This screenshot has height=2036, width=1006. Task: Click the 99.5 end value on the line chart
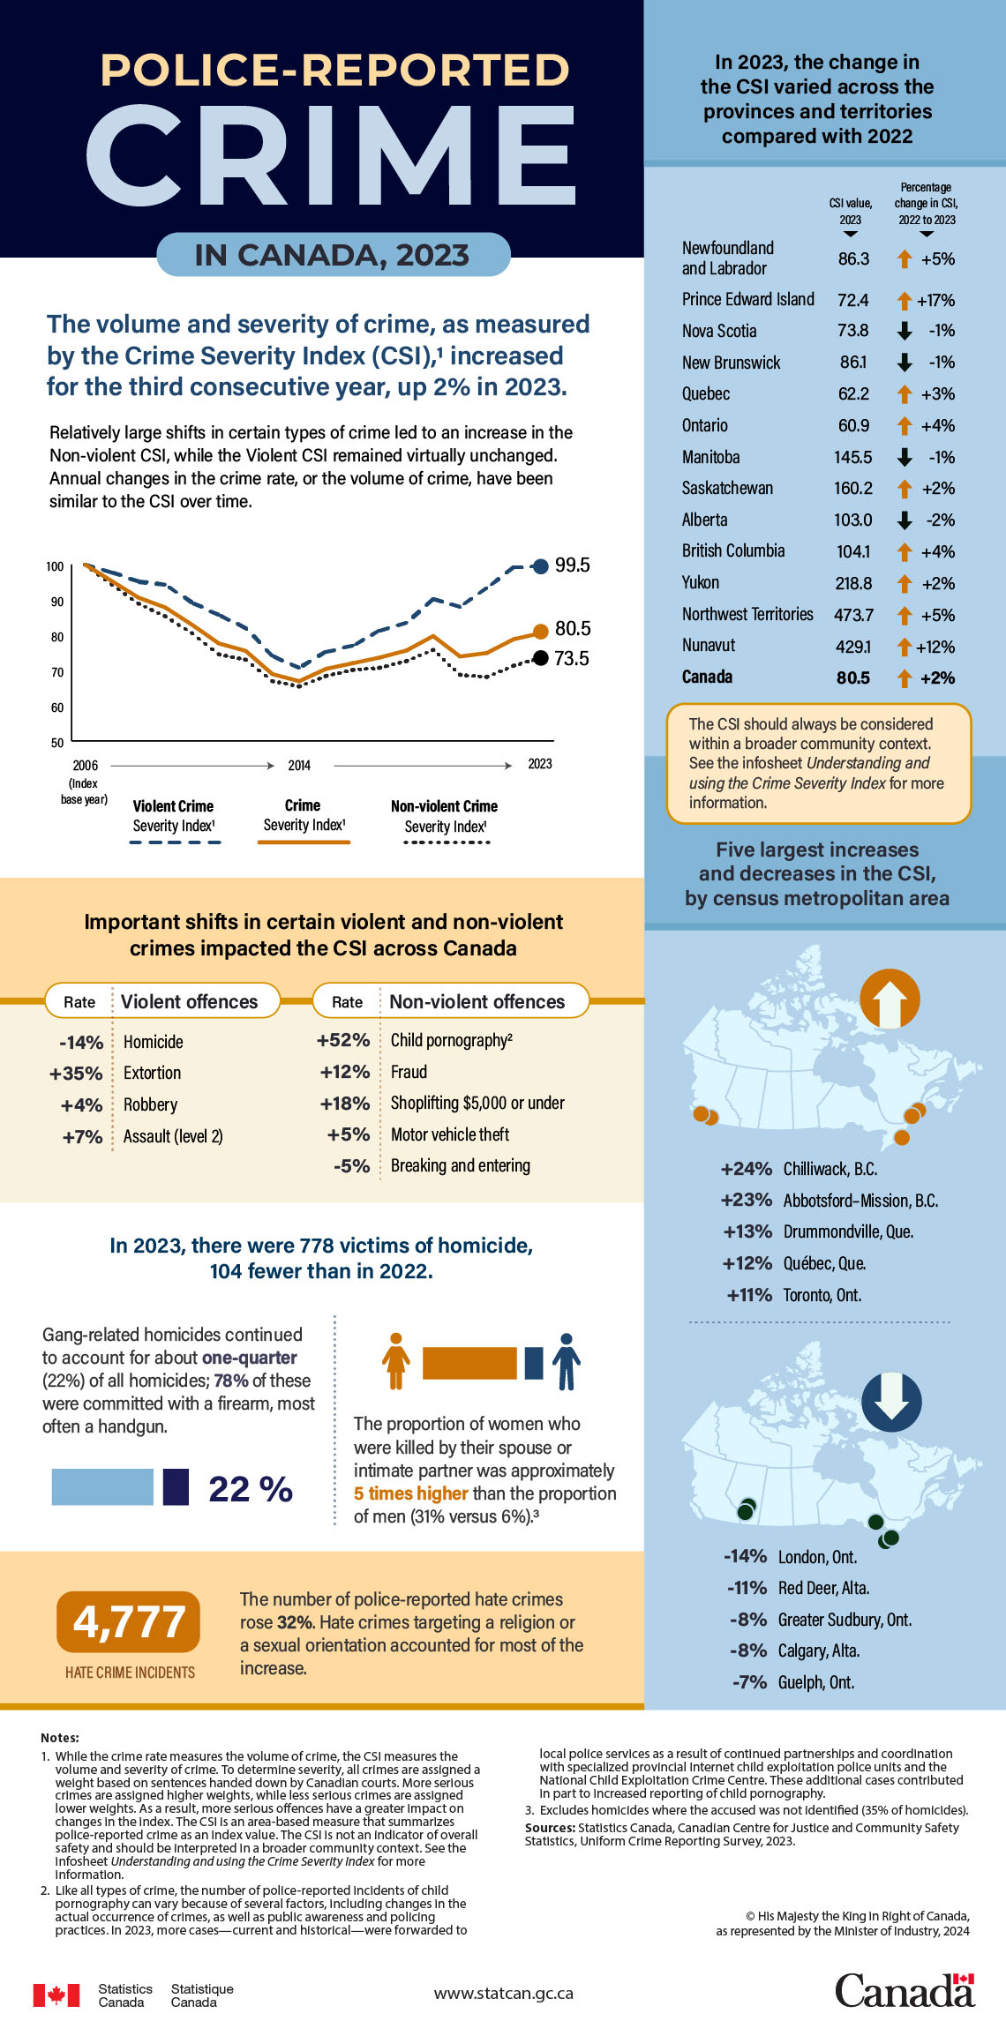coord(572,565)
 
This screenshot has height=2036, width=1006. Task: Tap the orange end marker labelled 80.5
coord(541,632)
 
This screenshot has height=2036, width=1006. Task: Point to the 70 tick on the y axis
coord(57,672)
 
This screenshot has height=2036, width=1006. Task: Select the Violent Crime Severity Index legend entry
coord(174,817)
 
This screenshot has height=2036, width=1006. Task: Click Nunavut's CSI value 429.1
coord(853,647)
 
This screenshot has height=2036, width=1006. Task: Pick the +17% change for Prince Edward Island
coord(935,301)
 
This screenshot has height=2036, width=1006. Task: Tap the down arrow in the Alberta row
coord(905,520)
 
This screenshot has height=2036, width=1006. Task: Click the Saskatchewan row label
coord(727,489)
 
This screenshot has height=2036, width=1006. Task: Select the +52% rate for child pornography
coord(343,1040)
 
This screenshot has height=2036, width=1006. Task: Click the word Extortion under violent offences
coord(152,1073)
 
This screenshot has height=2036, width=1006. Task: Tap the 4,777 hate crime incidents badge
coord(129,1621)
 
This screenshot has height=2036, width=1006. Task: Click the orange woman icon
coord(396,1361)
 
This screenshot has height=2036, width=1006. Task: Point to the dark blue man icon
coord(567,1361)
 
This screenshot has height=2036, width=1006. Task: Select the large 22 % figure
coord(251,1489)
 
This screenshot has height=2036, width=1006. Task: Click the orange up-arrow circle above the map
coord(890,999)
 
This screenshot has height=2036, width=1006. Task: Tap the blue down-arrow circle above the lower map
coord(891,1401)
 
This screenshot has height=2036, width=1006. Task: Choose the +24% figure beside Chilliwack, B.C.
coord(746,1169)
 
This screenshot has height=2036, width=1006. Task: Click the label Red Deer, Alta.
coord(823,1588)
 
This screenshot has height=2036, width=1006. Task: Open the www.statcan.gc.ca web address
coord(503,1993)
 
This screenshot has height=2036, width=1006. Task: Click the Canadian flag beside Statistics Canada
coord(56,1995)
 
